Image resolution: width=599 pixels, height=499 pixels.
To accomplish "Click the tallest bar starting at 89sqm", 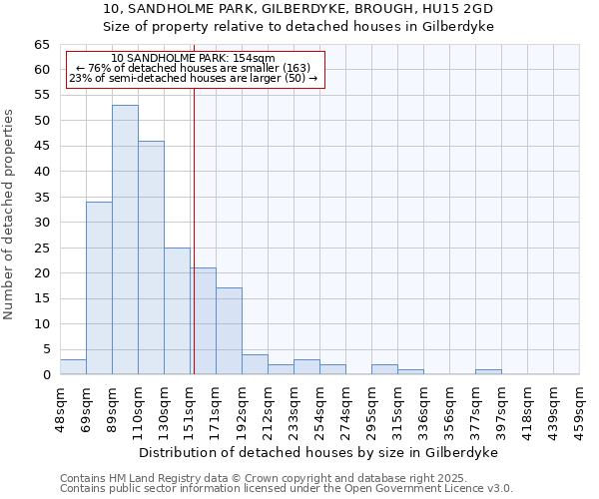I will [125, 240].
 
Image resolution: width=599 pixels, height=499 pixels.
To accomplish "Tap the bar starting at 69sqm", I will [99, 288].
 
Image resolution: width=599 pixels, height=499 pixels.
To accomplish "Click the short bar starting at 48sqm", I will [73, 367].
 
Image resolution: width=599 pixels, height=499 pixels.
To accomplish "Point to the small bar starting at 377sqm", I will [488, 372].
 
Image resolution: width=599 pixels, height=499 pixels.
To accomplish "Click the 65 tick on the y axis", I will [42, 45].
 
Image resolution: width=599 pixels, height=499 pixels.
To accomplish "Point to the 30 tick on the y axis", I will [42, 223].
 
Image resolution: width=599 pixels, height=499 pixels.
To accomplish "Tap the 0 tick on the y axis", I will [46, 375].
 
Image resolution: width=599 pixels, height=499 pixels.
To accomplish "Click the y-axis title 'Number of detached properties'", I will [9, 215].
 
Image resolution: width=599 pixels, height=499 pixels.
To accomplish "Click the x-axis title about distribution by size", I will [319, 452].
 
